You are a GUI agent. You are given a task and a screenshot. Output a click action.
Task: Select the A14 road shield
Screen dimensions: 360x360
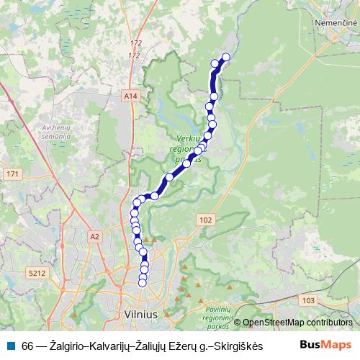point(130,95)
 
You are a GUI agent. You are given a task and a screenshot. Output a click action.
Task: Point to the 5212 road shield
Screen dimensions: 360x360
point(37,273)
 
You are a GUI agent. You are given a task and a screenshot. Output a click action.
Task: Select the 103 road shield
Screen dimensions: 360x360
point(310,300)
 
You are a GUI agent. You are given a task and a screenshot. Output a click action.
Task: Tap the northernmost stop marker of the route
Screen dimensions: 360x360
point(225,57)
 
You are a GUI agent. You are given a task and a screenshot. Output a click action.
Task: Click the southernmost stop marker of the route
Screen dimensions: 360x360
point(143,283)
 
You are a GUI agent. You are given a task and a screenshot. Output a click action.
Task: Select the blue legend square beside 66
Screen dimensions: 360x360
point(12,345)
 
